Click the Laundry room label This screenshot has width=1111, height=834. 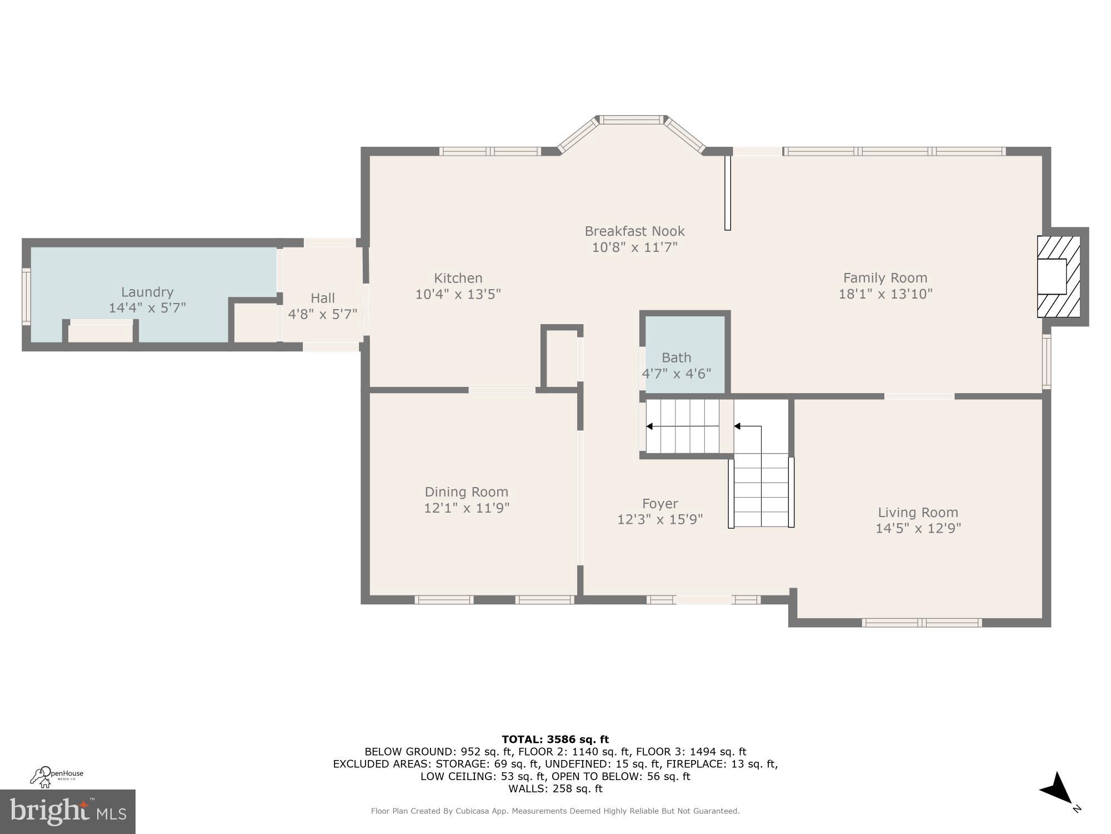tap(147, 292)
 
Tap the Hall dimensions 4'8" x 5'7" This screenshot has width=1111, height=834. tap(322, 314)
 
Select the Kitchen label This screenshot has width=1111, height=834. tap(458, 278)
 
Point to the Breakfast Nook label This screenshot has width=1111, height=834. tap(634, 231)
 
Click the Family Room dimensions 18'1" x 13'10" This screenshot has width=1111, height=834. tap(885, 294)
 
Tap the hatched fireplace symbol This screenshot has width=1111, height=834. tap(1058, 277)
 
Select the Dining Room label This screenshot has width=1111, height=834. tap(466, 492)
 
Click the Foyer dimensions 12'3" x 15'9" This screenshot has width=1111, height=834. tap(660, 519)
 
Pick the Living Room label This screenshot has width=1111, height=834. tap(918, 513)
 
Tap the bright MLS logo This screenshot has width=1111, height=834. tap(67, 812)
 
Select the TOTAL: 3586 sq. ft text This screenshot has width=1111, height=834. tap(555, 739)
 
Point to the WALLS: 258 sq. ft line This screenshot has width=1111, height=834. tap(555, 788)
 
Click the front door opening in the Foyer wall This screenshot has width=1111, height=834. tap(703, 599)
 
